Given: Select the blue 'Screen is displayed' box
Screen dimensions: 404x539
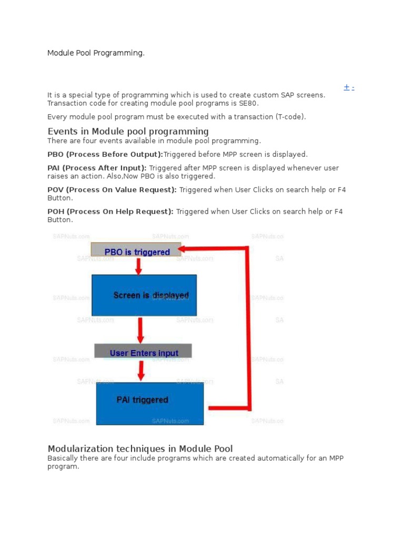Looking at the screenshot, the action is click(x=144, y=295).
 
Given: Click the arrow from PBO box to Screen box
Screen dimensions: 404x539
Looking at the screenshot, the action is click(x=138, y=266).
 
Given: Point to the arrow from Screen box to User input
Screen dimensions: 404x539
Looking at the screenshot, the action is click(x=140, y=330).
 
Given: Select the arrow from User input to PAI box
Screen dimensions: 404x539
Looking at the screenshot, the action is click(x=141, y=371).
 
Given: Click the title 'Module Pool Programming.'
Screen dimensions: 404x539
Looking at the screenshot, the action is click(x=96, y=53).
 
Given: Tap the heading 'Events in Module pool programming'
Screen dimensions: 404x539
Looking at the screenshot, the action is click(x=128, y=131).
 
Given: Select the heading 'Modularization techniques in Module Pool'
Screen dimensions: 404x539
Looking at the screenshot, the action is click(x=140, y=448).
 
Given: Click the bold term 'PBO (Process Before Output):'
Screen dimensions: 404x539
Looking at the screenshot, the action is click(x=105, y=154).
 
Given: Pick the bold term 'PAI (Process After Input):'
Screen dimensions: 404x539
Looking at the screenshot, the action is click(x=97, y=168).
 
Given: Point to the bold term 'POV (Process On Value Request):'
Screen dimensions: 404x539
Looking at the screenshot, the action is click(x=112, y=189).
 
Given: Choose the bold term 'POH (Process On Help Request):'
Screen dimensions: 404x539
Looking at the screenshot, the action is click(x=110, y=212).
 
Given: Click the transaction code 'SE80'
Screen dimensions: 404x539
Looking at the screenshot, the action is click(x=248, y=103).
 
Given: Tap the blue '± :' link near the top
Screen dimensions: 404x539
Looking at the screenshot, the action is click(x=349, y=88).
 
